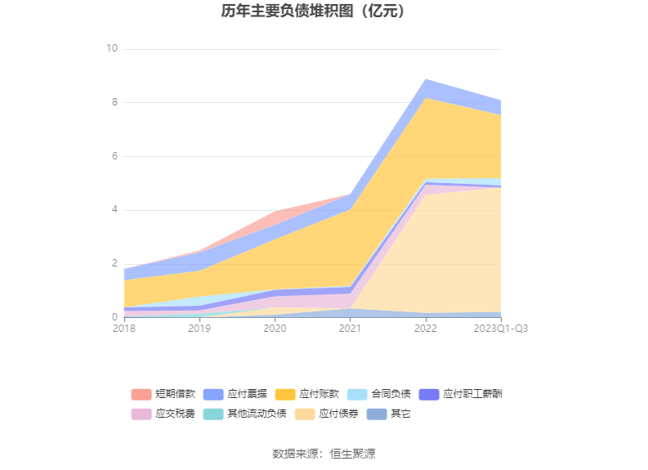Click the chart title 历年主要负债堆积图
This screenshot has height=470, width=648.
pyautogui.click(x=314, y=11)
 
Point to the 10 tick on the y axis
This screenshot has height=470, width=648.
pyautogui.click(x=112, y=49)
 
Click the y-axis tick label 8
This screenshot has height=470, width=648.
pyautogui.click(x=114, y=103)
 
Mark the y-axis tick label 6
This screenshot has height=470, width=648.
pyautogui.click(x=114, y=156)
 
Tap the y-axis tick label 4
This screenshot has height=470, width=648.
pyautogui.click(x=114, y=210)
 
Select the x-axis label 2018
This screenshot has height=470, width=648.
pyautogui.click(x=124, y=329)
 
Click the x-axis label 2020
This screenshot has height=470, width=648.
pyautogui.click(x=275, y=329)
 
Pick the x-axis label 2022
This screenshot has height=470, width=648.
pyautogui.click(x=425, y=329)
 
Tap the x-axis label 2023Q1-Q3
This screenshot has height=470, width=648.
pyautogui.click(x=500, y=329)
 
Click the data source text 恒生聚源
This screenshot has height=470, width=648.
pyautogui.click(x=352, y=454)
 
